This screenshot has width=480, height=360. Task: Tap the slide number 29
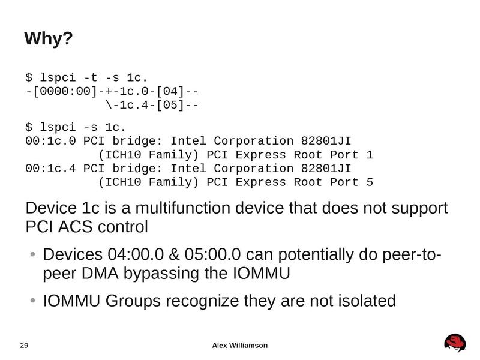tap(25, 345)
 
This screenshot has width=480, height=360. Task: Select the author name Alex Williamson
tap(240, 345)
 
